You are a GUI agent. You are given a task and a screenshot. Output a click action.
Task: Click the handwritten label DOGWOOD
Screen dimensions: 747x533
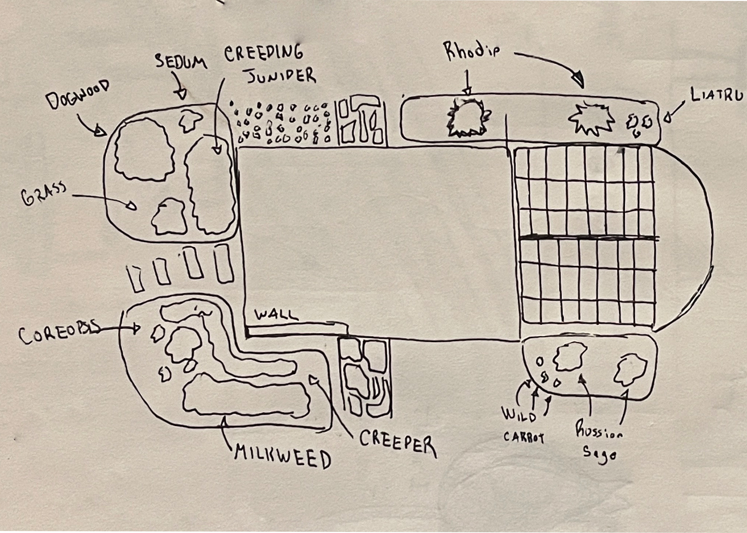click(78, 95)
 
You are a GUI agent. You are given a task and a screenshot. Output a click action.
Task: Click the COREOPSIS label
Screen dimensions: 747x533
click(58, 335)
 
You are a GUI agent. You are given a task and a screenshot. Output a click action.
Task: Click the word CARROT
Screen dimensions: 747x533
click(524, 437)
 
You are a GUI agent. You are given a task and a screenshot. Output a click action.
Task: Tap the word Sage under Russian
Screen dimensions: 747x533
click(599, 454)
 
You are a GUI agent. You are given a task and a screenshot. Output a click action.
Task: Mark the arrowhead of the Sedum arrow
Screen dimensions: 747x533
click(182, 94)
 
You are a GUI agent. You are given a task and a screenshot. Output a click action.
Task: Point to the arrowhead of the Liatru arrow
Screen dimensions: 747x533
click(668, 117)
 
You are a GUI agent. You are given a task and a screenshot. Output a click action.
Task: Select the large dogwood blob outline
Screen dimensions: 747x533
click(144, 150)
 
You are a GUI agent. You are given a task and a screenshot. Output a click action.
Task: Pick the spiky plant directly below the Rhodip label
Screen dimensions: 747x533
click(468, 118)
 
